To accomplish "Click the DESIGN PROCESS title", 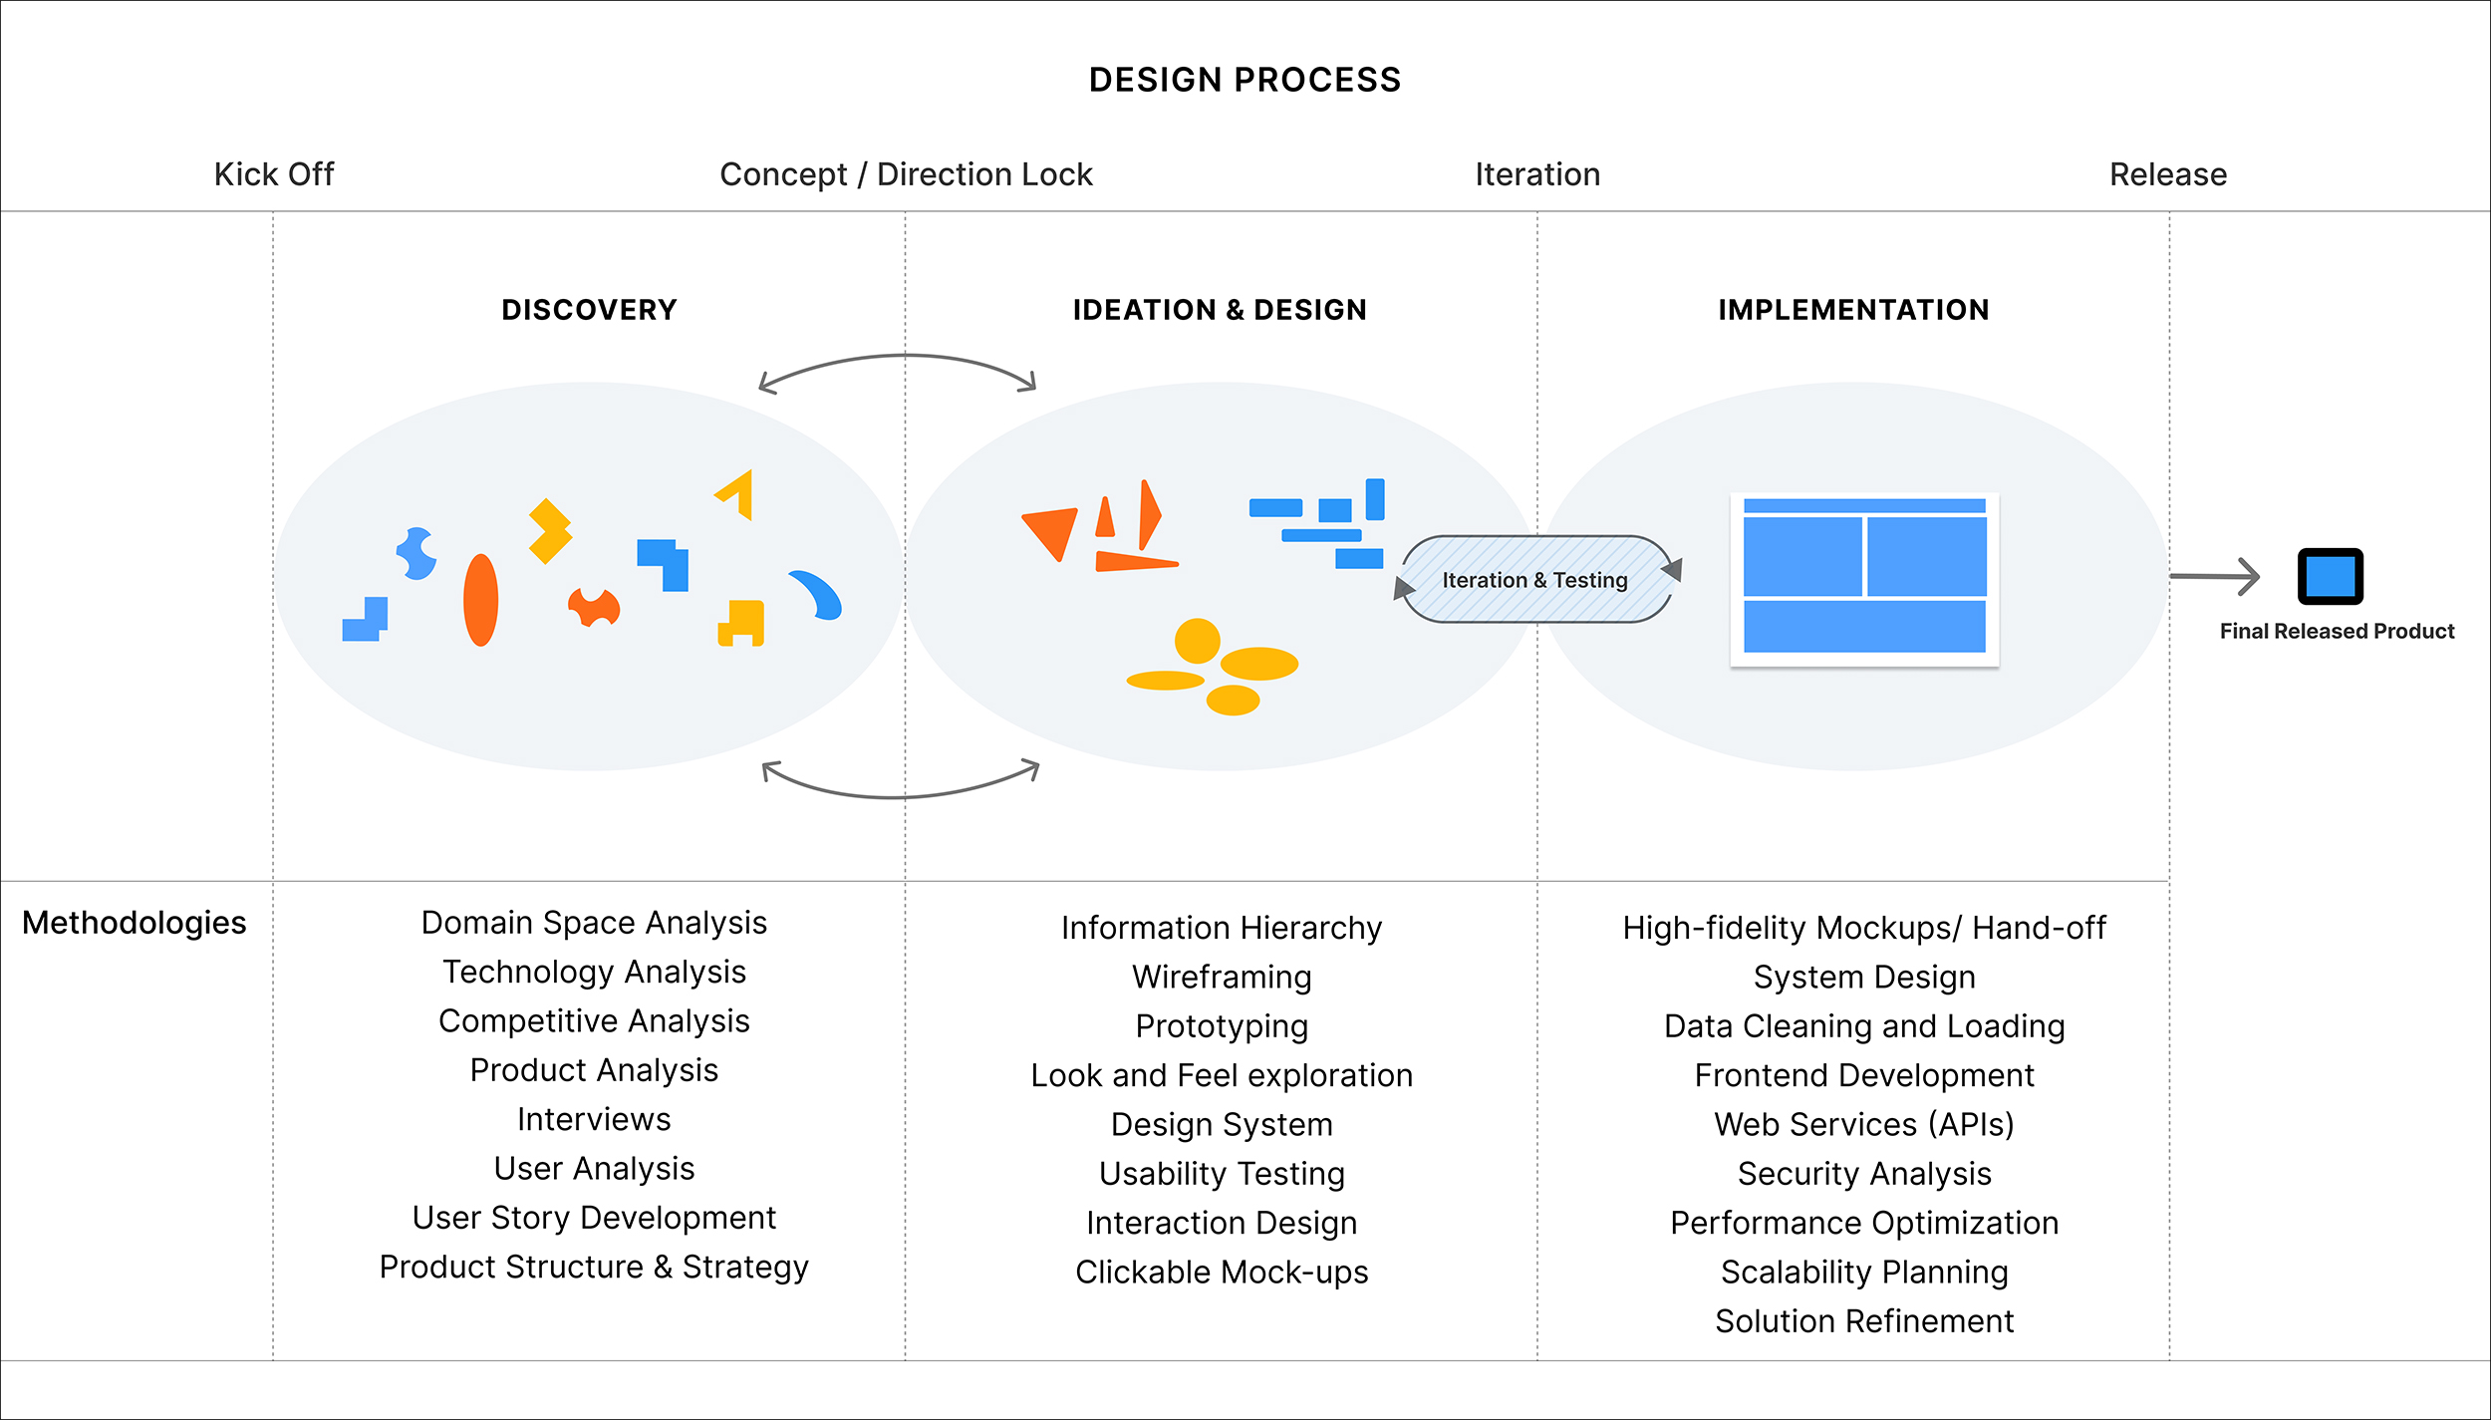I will click(1245, 80).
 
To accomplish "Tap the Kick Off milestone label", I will click(274, 174).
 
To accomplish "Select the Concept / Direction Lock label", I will click(906, 174).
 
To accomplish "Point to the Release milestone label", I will click(2168, 174).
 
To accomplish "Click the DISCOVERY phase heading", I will click(589, 310).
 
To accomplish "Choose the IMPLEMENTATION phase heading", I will click(1853, 310).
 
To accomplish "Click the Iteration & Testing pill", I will click(1535, 580).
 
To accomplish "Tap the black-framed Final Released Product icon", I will click(2330, 576).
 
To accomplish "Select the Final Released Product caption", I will click(2337, 631).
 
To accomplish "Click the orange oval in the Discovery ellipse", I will click(480, 600).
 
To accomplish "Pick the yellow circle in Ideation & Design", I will click(1197, 641).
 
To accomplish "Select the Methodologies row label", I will click(135, 923).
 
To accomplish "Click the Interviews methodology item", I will click(594, 1119).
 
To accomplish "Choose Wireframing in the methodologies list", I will click(1222, 977).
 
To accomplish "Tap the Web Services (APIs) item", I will click(1863, 1124).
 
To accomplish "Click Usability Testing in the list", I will click(1222, 1173).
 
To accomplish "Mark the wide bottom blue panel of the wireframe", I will click(1863, 626).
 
